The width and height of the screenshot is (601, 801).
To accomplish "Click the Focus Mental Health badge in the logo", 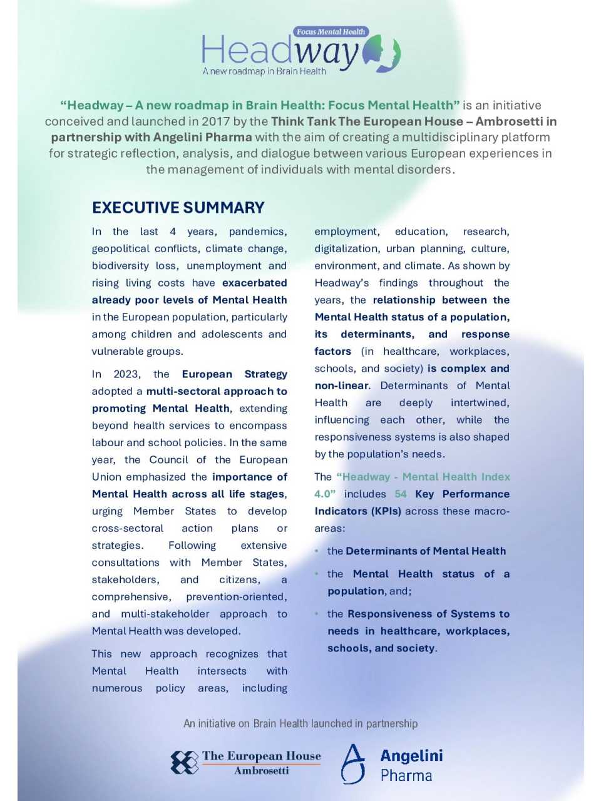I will tap(331, 31).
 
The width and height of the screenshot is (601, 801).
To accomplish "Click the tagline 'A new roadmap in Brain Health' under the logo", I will tap(264, 71).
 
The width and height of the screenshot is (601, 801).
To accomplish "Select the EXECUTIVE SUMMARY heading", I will tap(178, 208).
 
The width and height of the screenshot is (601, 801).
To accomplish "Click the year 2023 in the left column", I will tap(126, 374).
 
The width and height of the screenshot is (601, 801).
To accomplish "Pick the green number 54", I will tap(401, 494).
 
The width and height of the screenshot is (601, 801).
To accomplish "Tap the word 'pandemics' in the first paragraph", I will tap(258, 232).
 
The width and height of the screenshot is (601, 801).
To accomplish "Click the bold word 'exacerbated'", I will tap(254, 283).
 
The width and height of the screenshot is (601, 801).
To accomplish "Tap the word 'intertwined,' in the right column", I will tap(478, 402).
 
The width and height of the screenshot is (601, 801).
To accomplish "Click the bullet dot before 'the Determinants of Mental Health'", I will tap(318, 551).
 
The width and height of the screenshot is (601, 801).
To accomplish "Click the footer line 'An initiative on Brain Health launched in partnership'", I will tap(300, 723).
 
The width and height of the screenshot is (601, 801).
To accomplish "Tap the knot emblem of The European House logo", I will tap(185, 762).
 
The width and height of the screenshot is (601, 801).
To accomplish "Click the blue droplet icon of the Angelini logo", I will tap(353, 763).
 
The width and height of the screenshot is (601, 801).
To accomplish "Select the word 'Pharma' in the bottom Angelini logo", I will tap(406, 776).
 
